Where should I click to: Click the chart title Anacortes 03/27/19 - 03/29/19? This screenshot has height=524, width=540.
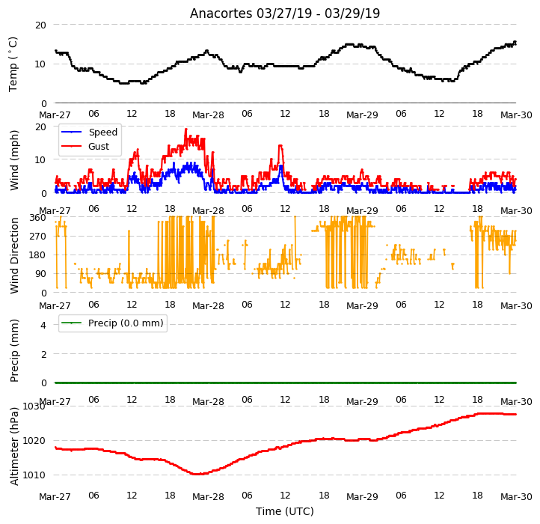pos(285,13)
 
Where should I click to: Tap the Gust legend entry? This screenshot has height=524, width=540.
pos(85,146)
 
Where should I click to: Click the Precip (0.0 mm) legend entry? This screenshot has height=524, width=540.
pos(112,323)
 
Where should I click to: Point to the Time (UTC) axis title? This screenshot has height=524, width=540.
pos(285,511)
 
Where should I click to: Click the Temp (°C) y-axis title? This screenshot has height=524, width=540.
pos(13,64)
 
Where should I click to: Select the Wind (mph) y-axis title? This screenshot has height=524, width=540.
pos(13,160)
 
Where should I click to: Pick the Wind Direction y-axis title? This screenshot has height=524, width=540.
pos(13,255)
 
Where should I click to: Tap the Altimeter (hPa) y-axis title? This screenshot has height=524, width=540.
pos(13,446)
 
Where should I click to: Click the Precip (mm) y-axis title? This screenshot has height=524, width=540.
pos(13,350)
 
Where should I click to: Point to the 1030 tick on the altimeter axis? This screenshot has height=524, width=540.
pos(34,406)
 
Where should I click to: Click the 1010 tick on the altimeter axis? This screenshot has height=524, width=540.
pos(34,475)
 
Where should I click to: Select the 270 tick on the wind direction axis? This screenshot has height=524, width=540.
pos(38,237)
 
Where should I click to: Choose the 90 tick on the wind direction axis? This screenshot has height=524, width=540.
pos(40,274)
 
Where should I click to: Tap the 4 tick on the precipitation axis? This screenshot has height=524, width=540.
pos(43,325)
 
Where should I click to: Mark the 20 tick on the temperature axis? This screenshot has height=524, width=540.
pos(40,25)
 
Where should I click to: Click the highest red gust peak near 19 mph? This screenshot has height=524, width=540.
pos(186,130)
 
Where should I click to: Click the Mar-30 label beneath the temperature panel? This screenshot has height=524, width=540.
pos(516,115)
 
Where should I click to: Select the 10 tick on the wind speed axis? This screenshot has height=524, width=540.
pos(40,159)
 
